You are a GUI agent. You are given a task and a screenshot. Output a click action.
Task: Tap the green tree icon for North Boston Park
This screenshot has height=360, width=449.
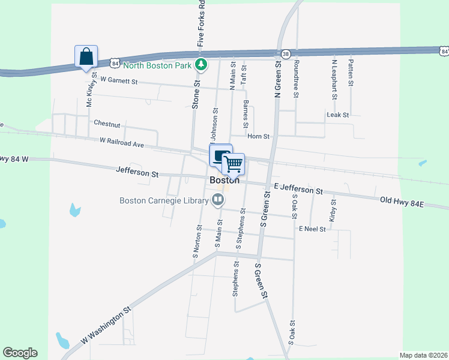pos(203,64)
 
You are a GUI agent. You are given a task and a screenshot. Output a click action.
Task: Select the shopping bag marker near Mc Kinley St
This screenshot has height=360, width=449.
pos(86,56)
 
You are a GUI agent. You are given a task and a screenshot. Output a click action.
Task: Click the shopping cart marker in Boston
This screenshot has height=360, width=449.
pos(234,163)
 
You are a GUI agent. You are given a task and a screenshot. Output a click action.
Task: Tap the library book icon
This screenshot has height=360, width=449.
pos(219,200)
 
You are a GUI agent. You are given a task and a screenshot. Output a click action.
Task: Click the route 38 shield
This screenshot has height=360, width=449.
pos(286,53)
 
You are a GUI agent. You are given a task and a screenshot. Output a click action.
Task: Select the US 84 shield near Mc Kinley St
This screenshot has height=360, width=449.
pos(115,62)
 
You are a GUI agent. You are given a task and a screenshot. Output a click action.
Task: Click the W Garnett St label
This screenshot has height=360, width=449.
pos(119,80)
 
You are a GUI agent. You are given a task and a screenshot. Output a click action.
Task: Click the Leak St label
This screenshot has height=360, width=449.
pos(337,115)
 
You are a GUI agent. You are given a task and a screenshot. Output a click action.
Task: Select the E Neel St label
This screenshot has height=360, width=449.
pos(312,229)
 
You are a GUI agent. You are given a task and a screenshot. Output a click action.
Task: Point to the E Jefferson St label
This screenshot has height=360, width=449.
pos(297,189)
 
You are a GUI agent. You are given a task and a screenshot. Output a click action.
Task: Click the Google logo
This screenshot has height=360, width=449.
pos(20,353)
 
